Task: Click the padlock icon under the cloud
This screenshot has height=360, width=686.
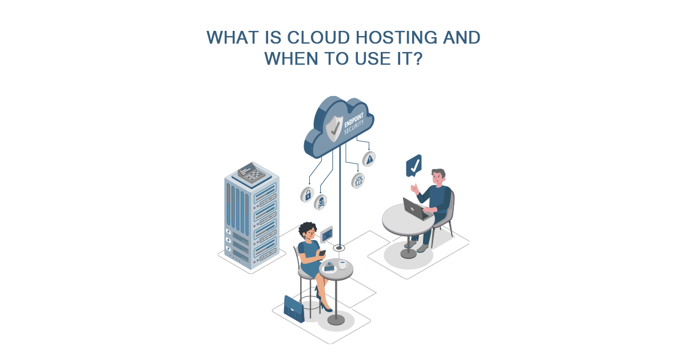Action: click(x=308, y=194)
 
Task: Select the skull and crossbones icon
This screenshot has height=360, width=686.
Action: click(x=321, y=201)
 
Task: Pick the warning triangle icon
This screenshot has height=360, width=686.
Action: click(x=369, y=159)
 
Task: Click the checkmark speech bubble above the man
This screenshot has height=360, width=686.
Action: click(x=414, y=166)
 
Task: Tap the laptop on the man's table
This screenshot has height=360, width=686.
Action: click(x=416, y=209)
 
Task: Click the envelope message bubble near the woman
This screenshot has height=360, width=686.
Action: click(x=326, y=234)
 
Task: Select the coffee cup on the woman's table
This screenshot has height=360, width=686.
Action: click(x=343, y=265)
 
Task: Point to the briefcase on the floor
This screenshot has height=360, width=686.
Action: click(x=294, y=309)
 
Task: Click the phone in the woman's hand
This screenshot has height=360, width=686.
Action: click(x=322, y=252)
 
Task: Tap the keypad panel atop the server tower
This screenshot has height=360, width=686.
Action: click(x=252, y=172)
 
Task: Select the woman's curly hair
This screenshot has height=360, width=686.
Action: click(x=308, y=229)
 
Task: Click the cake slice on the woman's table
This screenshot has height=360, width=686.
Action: click(x=329, y=266)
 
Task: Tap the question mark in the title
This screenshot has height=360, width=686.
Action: click(x=417, y=59)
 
